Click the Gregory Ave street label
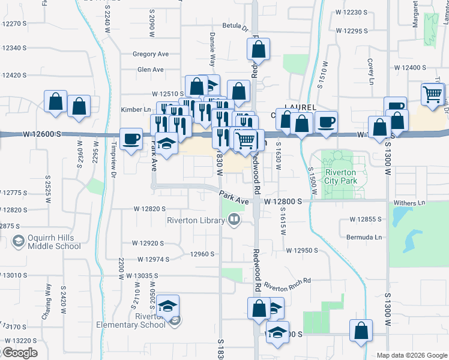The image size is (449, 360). [x=151, y=54]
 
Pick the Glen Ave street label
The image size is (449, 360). [x=150, y=70]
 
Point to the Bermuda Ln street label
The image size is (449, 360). [x=364, y=238]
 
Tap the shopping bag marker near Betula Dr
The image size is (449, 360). [x=258, y=50]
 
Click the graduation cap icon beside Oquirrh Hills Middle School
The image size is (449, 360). [x=17, y=241]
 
